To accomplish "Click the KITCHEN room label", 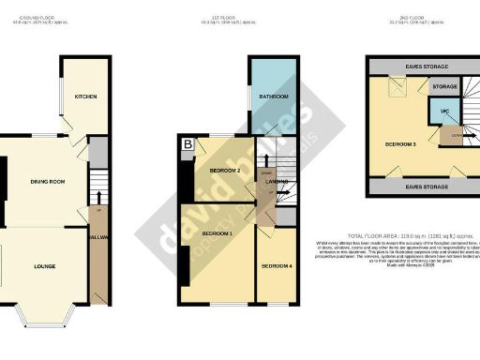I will [x=85, y=97].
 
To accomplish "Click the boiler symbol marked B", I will [x=187, y=144].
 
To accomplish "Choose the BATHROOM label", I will [x=274, y=97].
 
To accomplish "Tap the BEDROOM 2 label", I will [x=226, y=171].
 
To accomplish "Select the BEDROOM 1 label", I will [x=217, y=232].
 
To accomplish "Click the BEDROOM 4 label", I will [x=277, y=267].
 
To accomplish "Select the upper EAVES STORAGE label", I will [x=426, y=67].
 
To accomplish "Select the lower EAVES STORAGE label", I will [x=426, y=187].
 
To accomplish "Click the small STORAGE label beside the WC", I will [x=443, y=86].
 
